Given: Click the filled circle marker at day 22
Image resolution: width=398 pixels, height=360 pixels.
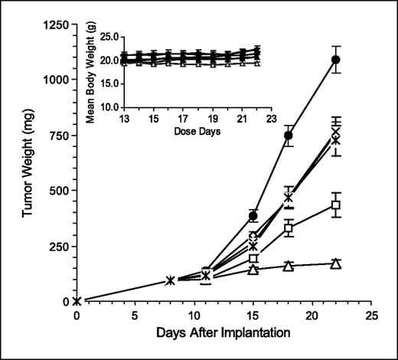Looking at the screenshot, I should click(335, 60).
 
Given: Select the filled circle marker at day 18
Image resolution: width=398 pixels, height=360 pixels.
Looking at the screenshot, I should click(289, 136).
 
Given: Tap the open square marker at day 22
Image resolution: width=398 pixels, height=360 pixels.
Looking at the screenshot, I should click(335, 205).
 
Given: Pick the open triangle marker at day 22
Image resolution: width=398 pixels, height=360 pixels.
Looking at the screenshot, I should click(335, 263).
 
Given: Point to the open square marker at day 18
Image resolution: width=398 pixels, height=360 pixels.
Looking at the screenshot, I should click(289, 228).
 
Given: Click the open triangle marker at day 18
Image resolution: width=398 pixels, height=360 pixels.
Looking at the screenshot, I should click(289, 266).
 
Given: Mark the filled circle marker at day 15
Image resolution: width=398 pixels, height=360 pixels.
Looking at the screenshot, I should click(253, 216).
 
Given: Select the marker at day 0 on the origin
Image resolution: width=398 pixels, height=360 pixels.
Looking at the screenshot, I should click(77, 301).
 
